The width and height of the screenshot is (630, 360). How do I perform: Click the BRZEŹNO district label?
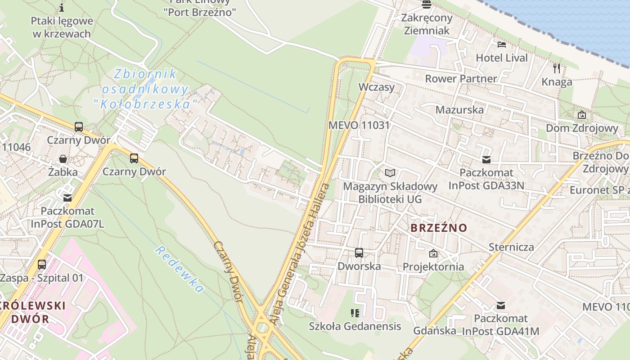coord(439,228)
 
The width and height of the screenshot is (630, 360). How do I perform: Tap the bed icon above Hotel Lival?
coord(502,44)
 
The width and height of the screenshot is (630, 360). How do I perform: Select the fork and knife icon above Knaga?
coord(557,68)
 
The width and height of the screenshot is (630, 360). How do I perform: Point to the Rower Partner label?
coord(461,78)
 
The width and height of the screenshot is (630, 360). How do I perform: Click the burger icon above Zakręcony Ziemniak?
coord(426,4)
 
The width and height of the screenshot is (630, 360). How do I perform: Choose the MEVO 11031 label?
coord(359,125)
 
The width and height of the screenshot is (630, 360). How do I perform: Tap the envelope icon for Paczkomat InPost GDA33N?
coord(486,159)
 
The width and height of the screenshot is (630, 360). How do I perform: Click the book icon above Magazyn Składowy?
coord(390,173)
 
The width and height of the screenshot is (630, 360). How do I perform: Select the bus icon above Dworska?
coord(359,253)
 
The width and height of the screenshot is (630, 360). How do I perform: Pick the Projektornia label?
coord(433,266)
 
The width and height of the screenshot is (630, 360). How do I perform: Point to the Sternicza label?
coord(511,247)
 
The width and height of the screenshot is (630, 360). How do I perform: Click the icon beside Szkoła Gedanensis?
coord(355,313)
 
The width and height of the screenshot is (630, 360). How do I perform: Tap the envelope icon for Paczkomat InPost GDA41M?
coord(500,306)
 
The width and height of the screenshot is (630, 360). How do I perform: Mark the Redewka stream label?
coord(179,269)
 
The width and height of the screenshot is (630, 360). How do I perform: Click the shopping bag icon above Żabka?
coord(63,159)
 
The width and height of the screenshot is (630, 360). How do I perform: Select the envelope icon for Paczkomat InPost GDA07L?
coord(67,198)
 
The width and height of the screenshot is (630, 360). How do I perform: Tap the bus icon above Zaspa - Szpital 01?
coord(42,264)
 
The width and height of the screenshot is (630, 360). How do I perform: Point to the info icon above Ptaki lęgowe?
coord(62,8)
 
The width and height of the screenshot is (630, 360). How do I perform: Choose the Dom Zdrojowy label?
coord(582,128)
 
